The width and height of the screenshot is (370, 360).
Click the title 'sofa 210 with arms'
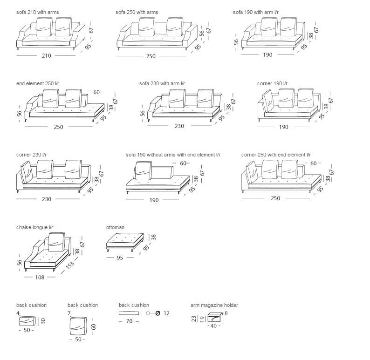pos(38,12)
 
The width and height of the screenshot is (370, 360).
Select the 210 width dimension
pos(46,55)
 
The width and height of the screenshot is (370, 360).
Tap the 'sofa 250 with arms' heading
pos(137,12)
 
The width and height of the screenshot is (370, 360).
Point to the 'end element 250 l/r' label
pos(38,83)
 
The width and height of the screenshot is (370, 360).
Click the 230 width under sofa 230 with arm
pos(179,126)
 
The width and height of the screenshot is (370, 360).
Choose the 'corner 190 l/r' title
pos(272,83)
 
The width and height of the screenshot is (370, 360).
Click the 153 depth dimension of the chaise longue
pos(70,265)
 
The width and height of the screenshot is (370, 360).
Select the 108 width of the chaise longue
pos(40,277)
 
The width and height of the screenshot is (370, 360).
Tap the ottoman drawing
pos(125,242)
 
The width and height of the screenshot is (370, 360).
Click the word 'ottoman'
pos(115,227)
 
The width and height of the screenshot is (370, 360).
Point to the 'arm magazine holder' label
pos(214,305)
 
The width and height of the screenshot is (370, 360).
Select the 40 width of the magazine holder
pos(213,326)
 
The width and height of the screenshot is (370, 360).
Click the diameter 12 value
pos(166,313)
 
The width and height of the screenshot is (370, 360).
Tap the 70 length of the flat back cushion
pos(129,321)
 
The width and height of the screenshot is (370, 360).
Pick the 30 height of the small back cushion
pos(43,321)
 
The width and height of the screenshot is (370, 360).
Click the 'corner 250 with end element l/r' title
pos(276,155)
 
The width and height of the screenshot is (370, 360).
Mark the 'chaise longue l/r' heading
pos(34,227)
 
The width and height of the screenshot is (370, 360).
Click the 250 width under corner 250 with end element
pos(275,198)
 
